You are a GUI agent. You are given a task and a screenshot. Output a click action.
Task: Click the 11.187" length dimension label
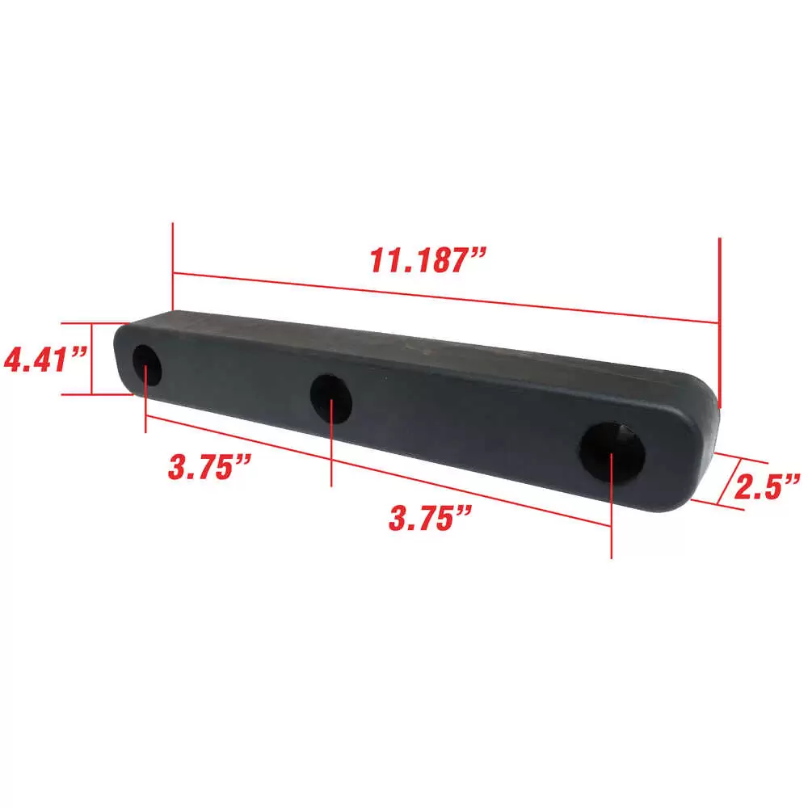coord(428,260)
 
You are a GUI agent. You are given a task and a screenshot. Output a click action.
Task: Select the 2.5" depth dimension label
coord(767,486)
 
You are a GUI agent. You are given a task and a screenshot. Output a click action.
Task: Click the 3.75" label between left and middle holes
coord(206,466)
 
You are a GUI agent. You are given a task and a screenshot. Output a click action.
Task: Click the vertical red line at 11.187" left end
coord(173,267)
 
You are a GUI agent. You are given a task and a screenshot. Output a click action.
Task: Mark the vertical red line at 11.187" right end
coord(718,323)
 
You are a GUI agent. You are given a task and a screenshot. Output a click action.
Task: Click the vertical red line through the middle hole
coord(332,452)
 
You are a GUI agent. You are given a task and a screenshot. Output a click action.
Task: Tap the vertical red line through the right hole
coord(611,517)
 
